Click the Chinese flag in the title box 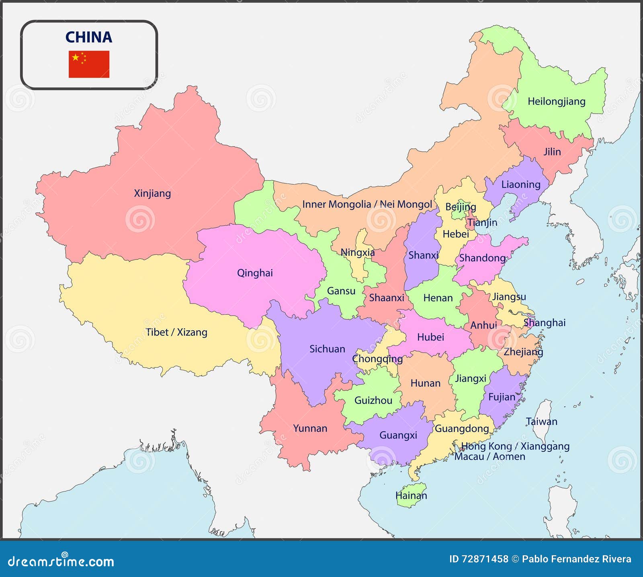click(89, 64)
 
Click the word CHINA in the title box click(89, 37)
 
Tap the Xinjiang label click(152, 194)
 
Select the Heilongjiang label click(556, 102)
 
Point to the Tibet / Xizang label click(176, 332)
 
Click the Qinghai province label click(255, 273)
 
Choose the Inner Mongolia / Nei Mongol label click(367, 204)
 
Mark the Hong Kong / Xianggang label click(515, 446)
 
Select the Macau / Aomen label click(489, 457)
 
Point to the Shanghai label click(545, 323)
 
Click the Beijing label click(461, 207)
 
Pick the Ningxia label click(357, 253)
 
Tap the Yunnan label click(310, 428)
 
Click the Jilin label click(552, 152)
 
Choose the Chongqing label click(377, 359)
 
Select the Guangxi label click(398, 435)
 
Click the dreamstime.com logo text click(61, 561)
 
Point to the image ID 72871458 click(478, 559)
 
